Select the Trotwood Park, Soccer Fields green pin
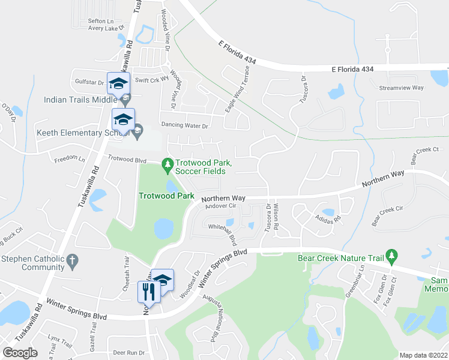(x=168, y=163)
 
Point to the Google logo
(x=20, y=353)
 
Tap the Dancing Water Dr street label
(x=184, y=126)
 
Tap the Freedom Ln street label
(x=70, y=160)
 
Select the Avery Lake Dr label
(x=105, y=28)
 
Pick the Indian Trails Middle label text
(x=80, y=100)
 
